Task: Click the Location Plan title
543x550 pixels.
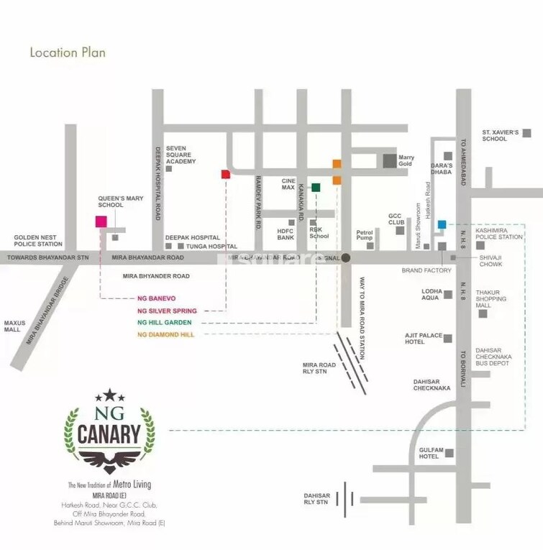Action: [x=68, y=52]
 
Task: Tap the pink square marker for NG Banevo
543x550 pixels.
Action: [x=101, y=221]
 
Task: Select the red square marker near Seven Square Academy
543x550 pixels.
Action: [x=225, y=174]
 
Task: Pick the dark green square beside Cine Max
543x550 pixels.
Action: [x=316, y=188]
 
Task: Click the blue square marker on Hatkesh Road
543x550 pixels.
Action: [x=442, y=224]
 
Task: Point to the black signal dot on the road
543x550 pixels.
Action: [x=346, y=257]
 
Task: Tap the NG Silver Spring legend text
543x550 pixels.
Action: [x=167, y=311]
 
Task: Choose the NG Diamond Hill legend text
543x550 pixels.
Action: [x=166, y=334]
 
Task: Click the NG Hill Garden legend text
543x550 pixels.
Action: [x=165, y=323]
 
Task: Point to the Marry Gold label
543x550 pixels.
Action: [x=406, y=160]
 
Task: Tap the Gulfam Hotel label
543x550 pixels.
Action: [x=429, y=453]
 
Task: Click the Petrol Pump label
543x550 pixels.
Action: [x=365, y=235]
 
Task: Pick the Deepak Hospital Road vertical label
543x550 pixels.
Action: [x=158, y=183]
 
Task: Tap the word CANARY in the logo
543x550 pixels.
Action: [x=109, y=433]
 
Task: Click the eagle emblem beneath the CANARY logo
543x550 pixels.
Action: [x=109, y=462]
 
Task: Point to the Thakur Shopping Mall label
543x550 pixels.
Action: [x=492, y=299]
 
